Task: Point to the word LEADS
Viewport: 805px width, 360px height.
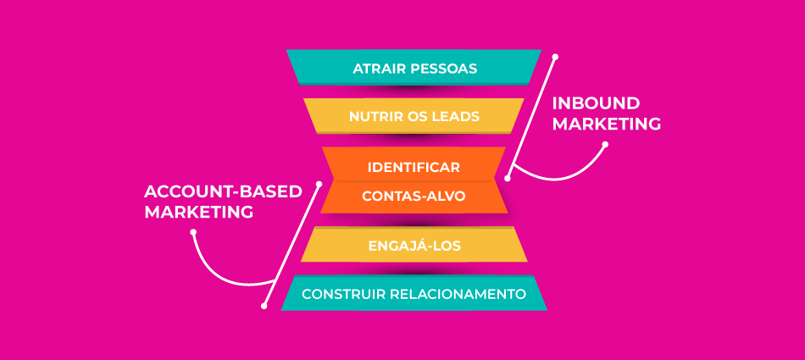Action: point(456,116)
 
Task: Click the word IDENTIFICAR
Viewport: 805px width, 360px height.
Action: point(414,167)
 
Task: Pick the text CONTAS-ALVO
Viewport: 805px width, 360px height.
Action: point(414,196)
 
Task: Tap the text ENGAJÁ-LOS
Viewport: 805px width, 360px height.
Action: point(414,246)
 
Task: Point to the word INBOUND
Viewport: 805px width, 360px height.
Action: point(596,103)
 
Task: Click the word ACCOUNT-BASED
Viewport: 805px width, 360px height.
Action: point(223,191)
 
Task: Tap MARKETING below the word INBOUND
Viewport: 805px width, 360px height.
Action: point(607,124)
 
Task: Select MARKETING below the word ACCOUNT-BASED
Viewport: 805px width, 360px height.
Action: point(199,213)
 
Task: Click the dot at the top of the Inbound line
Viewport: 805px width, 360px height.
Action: point(555,58)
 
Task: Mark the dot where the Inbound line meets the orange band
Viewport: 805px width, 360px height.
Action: point(508,179)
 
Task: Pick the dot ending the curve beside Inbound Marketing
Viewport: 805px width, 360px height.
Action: point(605,145)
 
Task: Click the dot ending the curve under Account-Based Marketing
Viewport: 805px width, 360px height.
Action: point(194,232)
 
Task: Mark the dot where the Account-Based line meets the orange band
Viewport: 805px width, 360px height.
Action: point(319,183)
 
